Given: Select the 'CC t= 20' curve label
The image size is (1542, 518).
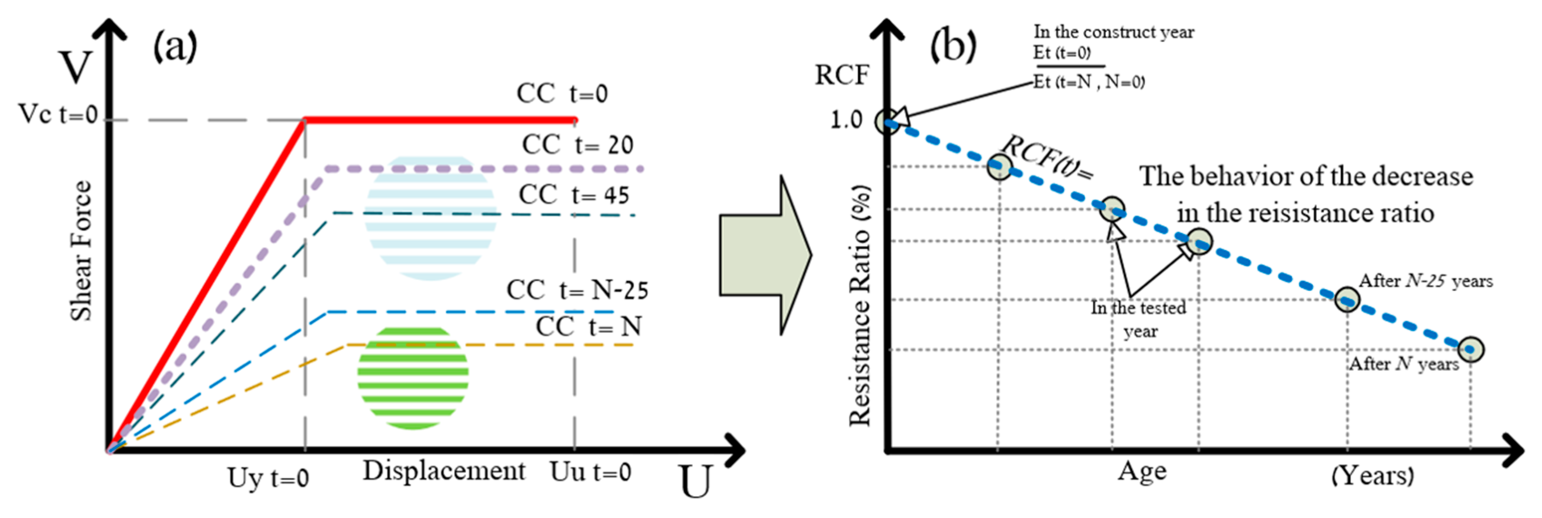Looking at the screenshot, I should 577,145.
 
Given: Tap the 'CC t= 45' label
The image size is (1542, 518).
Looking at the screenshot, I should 574,195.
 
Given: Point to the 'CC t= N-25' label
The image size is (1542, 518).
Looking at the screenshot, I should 577,291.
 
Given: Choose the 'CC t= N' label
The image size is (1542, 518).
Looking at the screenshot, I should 588,327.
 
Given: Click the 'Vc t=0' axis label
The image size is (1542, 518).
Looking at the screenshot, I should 58,114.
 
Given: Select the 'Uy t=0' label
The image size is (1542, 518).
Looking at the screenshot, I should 268,479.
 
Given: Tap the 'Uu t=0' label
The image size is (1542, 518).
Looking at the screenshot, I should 590,473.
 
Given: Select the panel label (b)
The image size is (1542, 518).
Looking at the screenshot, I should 953,46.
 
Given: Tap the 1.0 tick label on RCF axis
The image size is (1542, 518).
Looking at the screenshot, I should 846,120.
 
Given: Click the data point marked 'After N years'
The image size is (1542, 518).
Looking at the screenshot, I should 1470,349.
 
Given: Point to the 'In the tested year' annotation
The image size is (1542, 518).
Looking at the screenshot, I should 1139,319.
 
